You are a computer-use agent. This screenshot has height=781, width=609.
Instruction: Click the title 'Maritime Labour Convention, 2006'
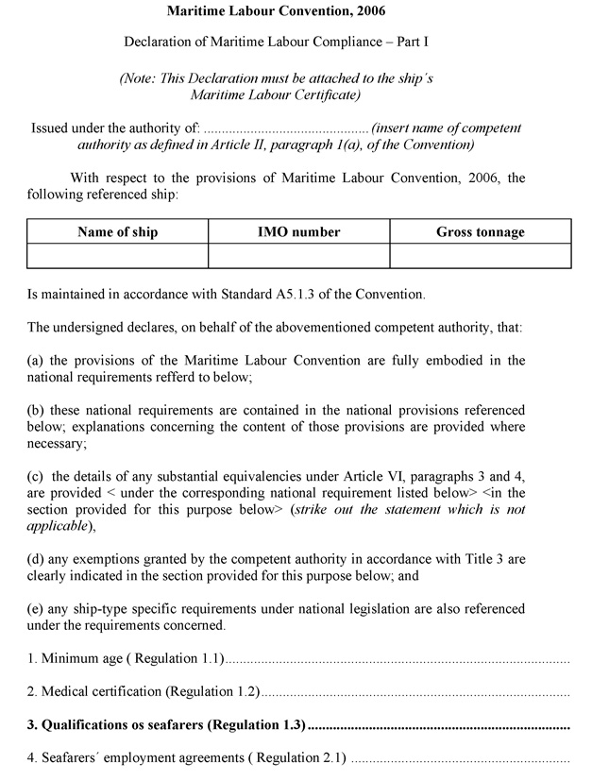pos(276,11)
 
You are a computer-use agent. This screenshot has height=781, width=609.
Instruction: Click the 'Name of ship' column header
pos(117,231)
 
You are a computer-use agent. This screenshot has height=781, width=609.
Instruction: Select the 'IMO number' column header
pos(298,231)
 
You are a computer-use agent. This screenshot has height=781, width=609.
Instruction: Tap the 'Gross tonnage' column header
pos(480,231)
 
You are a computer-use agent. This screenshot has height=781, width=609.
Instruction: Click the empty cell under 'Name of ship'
pos(117,256)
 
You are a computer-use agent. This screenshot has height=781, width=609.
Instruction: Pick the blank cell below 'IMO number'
pos(298,256)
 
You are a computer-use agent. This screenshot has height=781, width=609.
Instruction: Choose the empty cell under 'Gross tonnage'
pos(480,256)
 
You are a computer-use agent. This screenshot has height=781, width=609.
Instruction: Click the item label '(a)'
pos(36,361)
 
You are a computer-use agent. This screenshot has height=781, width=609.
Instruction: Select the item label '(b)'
pos(36,411)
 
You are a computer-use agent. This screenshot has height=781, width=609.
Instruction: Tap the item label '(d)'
pos(36,559)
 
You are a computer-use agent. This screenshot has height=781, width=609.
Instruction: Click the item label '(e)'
pos(36,609)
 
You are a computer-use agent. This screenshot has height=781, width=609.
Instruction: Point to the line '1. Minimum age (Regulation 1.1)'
pos(127,659)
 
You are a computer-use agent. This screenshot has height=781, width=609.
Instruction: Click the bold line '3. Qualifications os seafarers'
pos(166,725)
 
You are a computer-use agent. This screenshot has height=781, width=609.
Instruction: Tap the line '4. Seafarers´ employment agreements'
pos(187,758)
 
